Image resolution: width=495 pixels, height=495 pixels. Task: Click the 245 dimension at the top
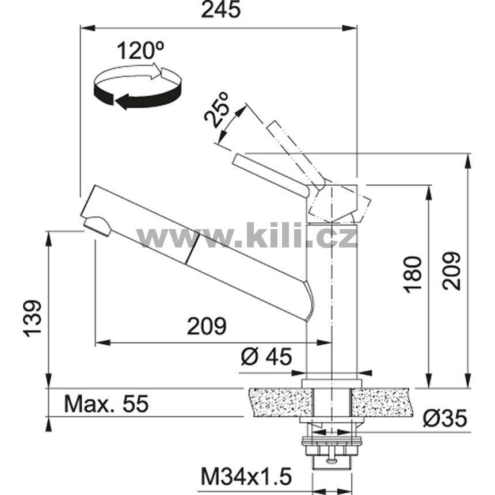(220, 10)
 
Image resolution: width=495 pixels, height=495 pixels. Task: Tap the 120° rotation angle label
(141, 51)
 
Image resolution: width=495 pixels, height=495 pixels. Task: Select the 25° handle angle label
(216, 109)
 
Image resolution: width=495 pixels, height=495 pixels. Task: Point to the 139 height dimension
(32, 318)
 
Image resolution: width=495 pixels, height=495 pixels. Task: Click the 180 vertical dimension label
(413, 275)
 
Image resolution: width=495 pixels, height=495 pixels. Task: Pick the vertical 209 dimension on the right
(451, 271)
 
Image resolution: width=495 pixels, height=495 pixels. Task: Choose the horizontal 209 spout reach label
(207, 326)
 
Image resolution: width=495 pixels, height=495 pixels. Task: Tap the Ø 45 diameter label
(266, 357)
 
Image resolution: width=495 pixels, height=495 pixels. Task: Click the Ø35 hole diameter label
(445, 419)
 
